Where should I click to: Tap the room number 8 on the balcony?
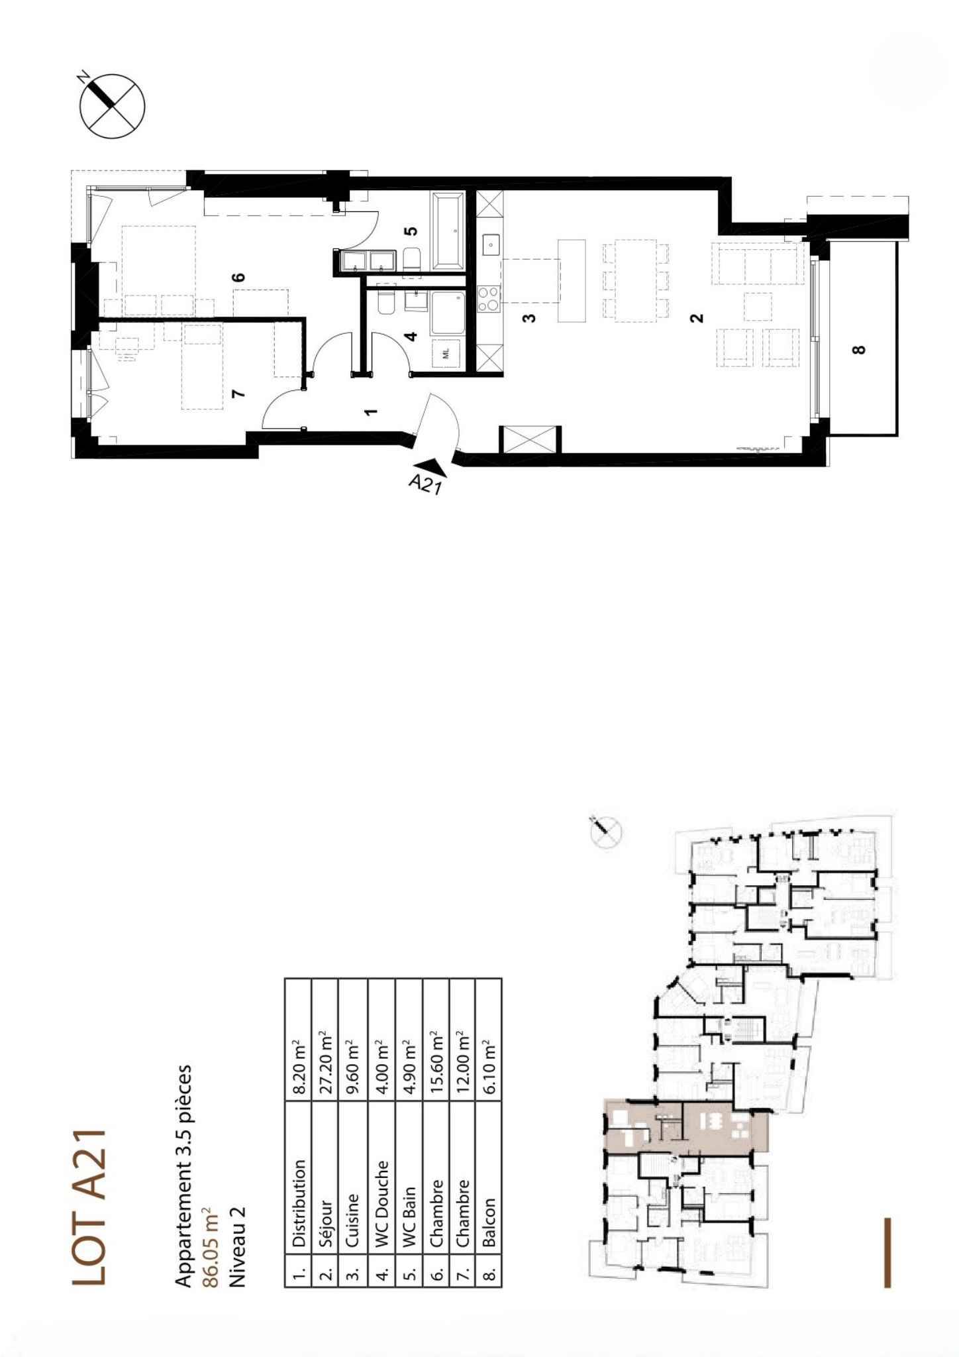859,349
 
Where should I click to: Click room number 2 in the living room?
695,319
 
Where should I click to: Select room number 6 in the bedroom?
240,276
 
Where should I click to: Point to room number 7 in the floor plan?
240,394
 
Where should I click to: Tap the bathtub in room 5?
449,231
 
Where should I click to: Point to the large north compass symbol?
112,106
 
